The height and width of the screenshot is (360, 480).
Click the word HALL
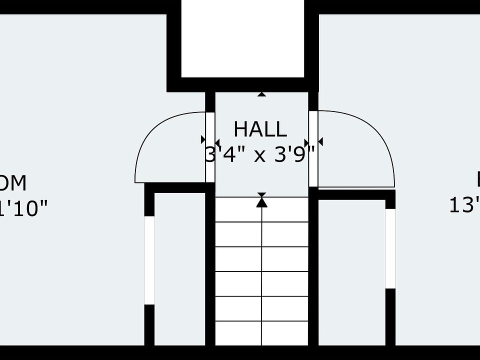(260, 129)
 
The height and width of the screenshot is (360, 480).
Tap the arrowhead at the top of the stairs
(261, 202)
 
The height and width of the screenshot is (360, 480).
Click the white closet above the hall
(242, 38)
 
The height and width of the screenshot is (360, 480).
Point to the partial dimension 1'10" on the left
(25, 208)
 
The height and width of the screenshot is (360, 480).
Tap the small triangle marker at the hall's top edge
(261, 94)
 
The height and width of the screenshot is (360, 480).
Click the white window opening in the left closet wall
(149, 260)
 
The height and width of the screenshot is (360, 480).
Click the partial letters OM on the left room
(13, 183)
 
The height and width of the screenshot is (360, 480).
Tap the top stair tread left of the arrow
(238, 209)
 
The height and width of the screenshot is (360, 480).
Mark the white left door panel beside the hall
(210, 147)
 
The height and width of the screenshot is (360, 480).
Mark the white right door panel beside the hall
(313, 147)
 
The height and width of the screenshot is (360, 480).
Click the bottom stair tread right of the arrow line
(285, 333)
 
